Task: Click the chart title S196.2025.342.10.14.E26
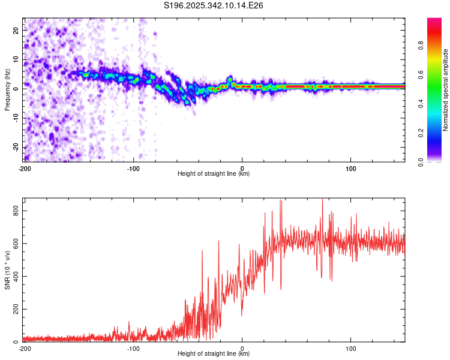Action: [214, 6]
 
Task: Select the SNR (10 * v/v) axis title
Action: [7, 270]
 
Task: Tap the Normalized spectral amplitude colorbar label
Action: [446, 91]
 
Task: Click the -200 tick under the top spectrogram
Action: [25, 168]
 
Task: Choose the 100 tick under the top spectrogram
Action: [350, 168]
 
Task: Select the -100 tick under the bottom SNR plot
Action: [133, 348]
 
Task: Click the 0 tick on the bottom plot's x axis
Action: [242, 348]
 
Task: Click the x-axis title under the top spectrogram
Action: [214, 174]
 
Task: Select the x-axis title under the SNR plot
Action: [214, 354]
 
